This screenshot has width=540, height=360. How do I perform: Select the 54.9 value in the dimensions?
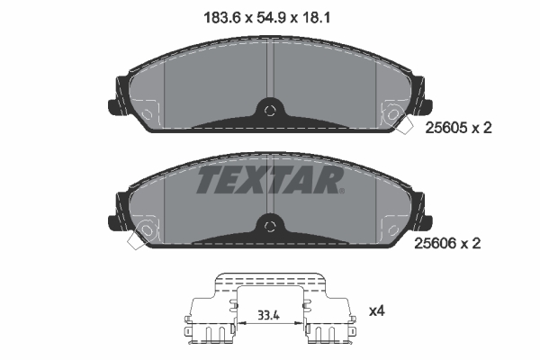coord(269,14)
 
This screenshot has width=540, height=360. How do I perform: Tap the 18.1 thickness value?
coord(322,14)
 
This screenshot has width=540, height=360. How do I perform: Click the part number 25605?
coord(445,129)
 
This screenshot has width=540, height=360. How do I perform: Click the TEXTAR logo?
coord(268,179)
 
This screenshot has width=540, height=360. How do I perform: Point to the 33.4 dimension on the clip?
coord(269,316)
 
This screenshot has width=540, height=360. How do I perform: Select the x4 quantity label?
coord(377,311)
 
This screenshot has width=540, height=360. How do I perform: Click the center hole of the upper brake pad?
coord(269,111)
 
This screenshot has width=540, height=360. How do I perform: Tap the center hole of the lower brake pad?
coord(269,225)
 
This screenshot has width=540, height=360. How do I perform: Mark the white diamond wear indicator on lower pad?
coord(139,240)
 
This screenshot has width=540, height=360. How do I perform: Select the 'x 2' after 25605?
coord(481,129)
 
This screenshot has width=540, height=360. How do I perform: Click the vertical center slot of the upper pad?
coord(269,72)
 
